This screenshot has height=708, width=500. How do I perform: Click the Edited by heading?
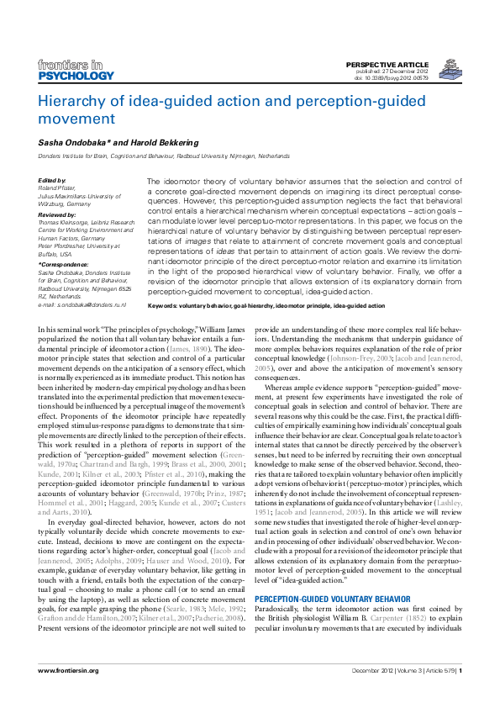(52, 181)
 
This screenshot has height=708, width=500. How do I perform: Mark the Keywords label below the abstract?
(165, 306)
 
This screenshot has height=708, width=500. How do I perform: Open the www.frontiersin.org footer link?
(69, 694)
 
